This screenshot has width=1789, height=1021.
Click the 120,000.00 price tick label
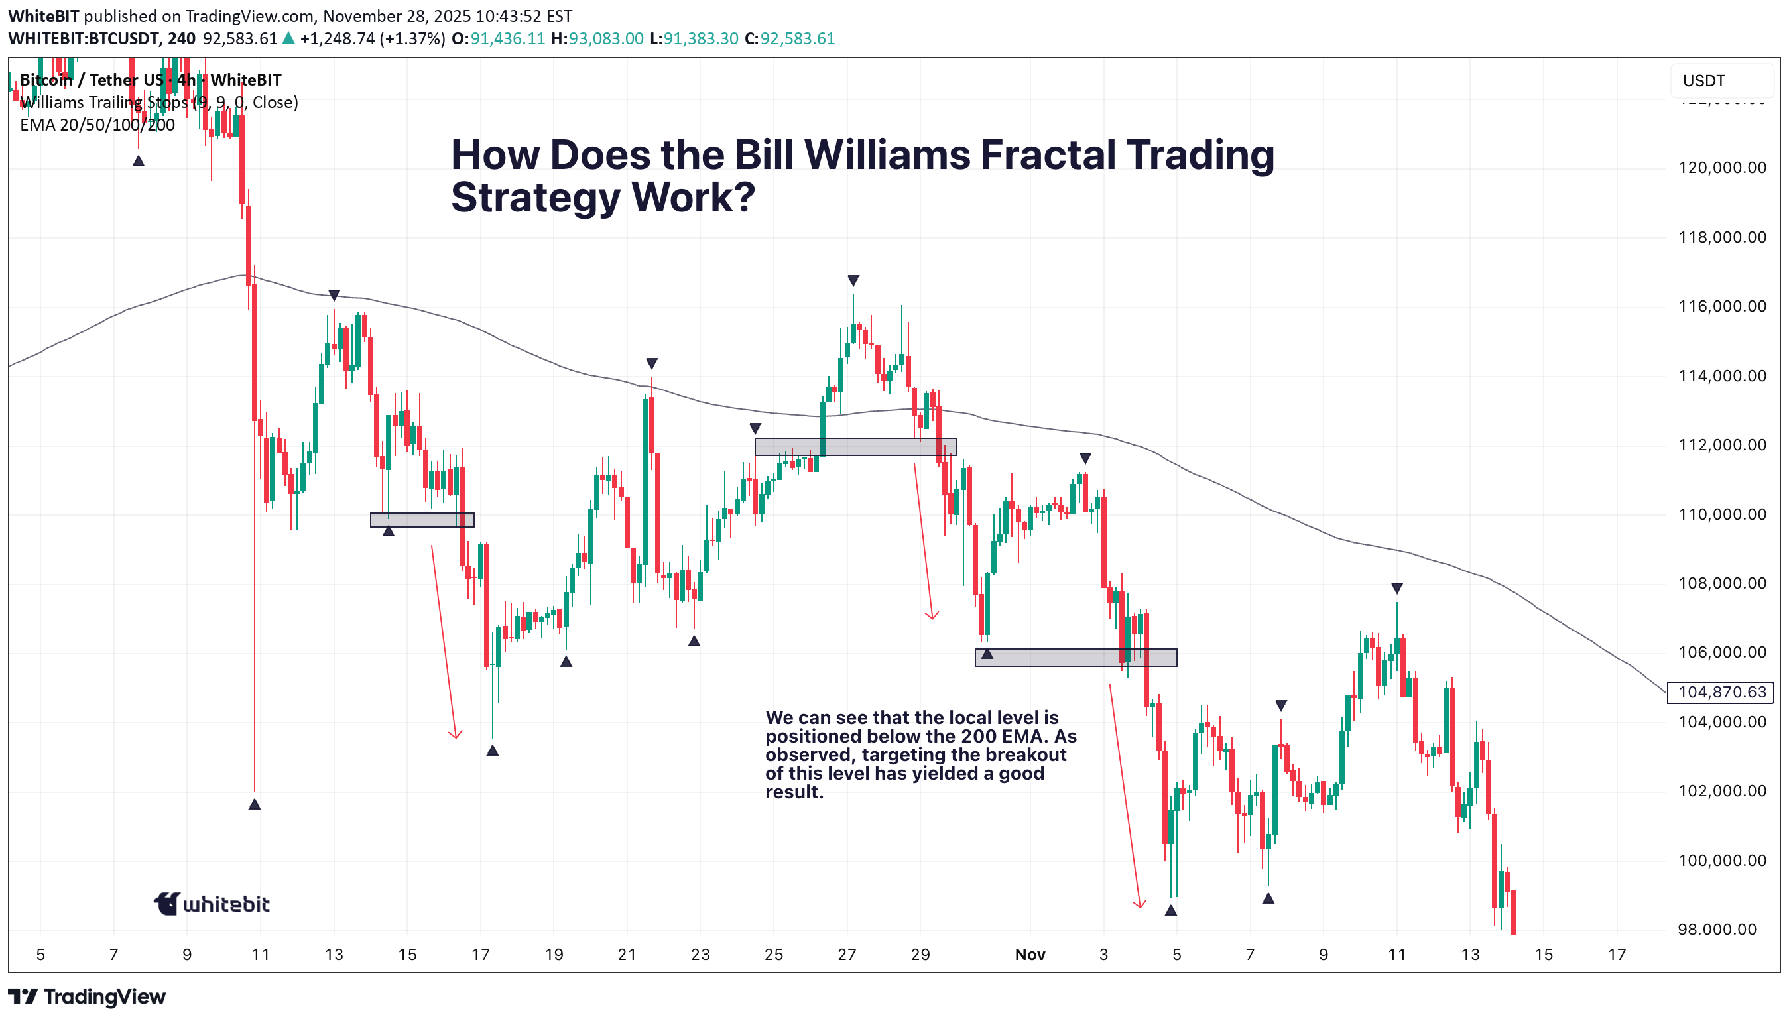pyautogui.click(x=1721, y=168)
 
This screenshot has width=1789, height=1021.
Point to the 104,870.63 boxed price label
pyautogui.click(x=1721, y=692)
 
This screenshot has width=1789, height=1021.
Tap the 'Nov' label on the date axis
pyautogui.click(x=1030, y=955)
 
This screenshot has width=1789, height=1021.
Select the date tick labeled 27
pyautogui.click(x=847, y=955)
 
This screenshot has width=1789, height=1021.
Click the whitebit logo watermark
pyautogui.click(x=212, y=904)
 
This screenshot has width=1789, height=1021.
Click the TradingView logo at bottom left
pyautogui.click(x=87, y=996)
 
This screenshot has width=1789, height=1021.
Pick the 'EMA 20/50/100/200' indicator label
pyautogui.click(x=97, y=125)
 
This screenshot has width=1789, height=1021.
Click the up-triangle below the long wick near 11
pyautogui.click(x=255, y=804)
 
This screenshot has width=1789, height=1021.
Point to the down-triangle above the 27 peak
pyautogui.click(x=853, y=280)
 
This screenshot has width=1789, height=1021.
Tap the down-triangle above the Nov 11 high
pyautogui.click(x=1396, y=587)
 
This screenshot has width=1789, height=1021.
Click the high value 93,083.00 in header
pyautogui.click(x=605, y=38)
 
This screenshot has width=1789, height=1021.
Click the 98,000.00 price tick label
pyautogui.click(x=1721, y=929)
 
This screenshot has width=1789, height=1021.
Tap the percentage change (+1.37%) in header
pyautogui.click(x=412, y=38)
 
